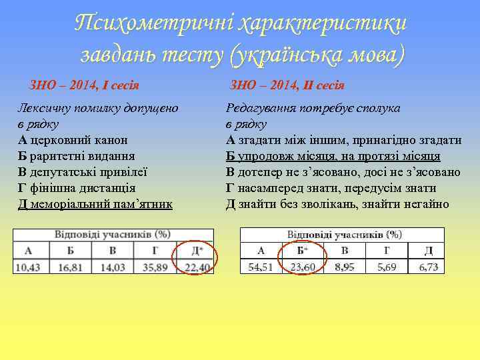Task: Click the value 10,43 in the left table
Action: pos(28,267)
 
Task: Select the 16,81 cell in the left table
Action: pos(70,267)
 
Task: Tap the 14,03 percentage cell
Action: pos(112,267)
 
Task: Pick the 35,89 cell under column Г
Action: pos(155,267)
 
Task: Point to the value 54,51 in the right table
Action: pos(261,267)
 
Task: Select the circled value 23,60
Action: pos(303,267)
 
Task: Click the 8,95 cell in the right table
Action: pos(345,267)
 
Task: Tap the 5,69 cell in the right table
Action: pos(387,267)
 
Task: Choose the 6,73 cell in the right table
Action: pos(429,267)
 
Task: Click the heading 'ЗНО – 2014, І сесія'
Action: pos(89,85)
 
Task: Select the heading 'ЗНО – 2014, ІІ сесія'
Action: pos(287,85)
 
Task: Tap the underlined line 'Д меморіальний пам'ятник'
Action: pos(95,203)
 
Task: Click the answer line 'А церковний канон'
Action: pos(73,140)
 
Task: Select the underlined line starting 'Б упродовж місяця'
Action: pos(333,156)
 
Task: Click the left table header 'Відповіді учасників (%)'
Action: pos(112,235)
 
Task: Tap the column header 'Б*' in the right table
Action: pos(303,251)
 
